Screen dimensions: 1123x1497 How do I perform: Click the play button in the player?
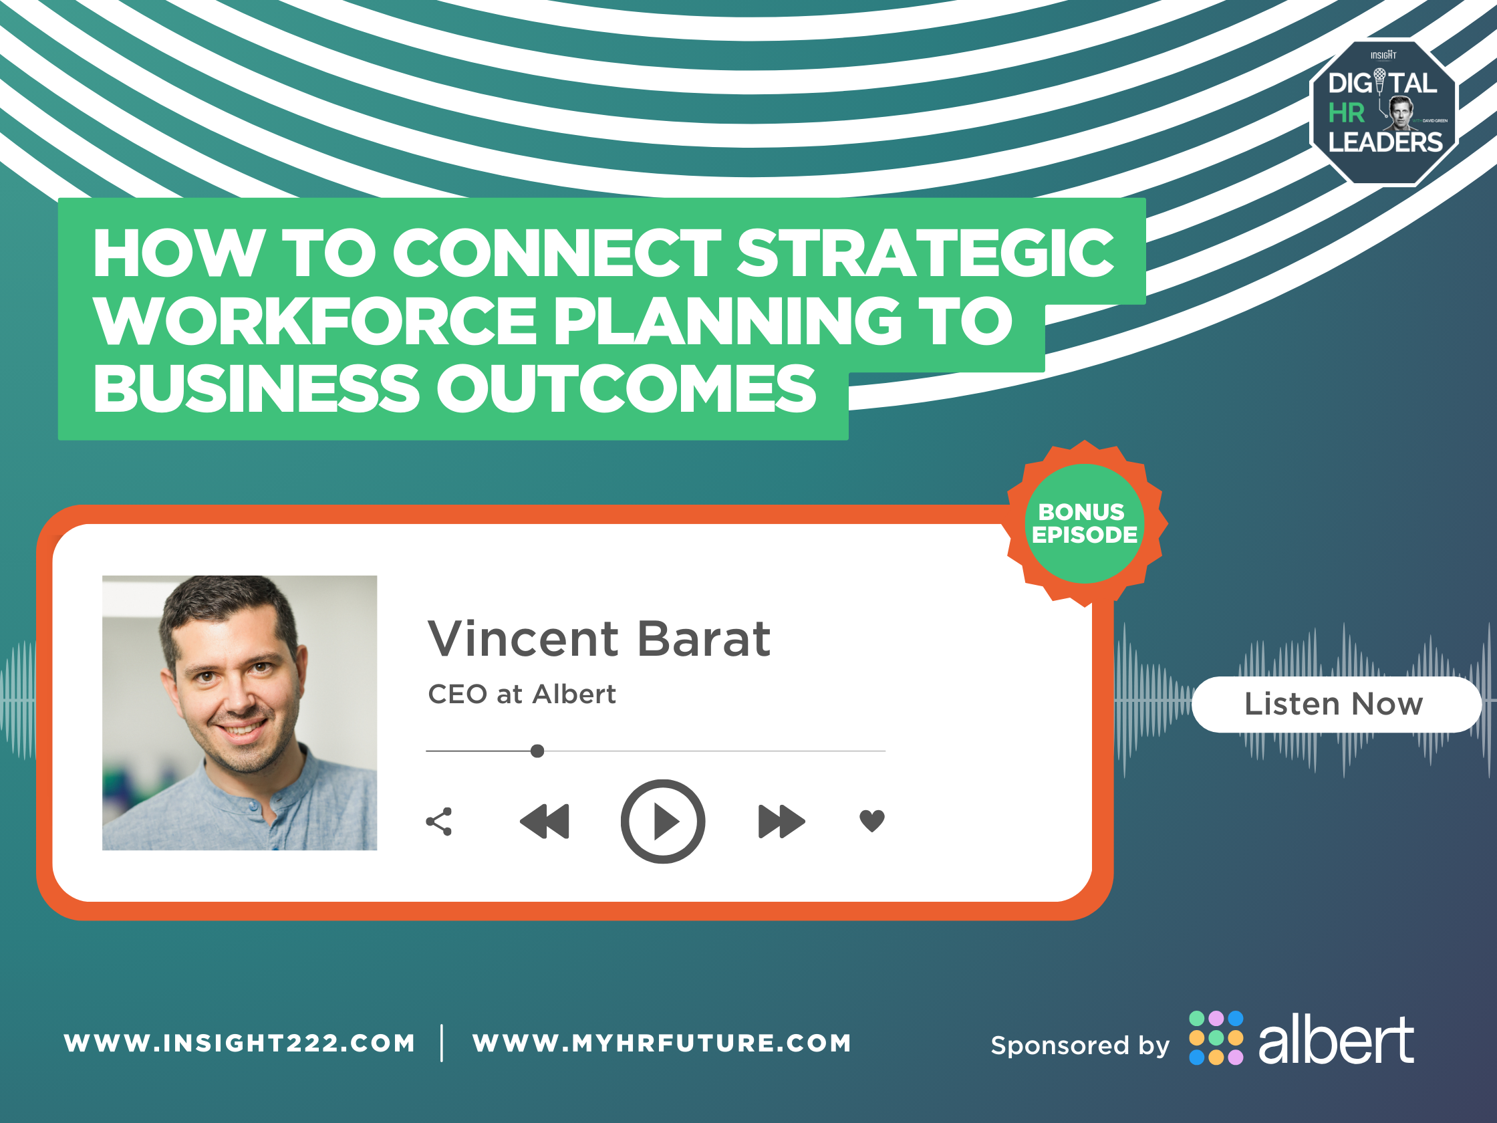pos(662,821)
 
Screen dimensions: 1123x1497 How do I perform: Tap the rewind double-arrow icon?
pos(545,821)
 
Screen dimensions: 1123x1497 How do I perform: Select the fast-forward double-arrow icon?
pos(782,821)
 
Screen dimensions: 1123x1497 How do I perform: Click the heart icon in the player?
pos(871,820)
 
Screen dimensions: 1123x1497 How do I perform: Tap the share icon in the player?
pos(439,821)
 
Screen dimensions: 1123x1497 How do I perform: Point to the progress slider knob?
pos(537,751)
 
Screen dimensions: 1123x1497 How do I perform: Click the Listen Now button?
pos(1335,704)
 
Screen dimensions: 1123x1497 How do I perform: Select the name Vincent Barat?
pos(599,638)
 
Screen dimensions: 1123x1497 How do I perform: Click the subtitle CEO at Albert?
pos(522,695)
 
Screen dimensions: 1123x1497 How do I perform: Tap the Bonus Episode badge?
pos(1085,523)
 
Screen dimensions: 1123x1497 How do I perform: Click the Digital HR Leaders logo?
pos(1385,112)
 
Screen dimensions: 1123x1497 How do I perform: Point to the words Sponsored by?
pos(1080,1046)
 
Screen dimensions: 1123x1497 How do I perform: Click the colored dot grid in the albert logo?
pos(1216,1037)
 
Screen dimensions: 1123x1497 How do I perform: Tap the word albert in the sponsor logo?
pos(1335,1040)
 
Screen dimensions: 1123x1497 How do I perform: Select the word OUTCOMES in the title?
pos(627,388)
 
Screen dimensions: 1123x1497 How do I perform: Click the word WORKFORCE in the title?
pos(316,321)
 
